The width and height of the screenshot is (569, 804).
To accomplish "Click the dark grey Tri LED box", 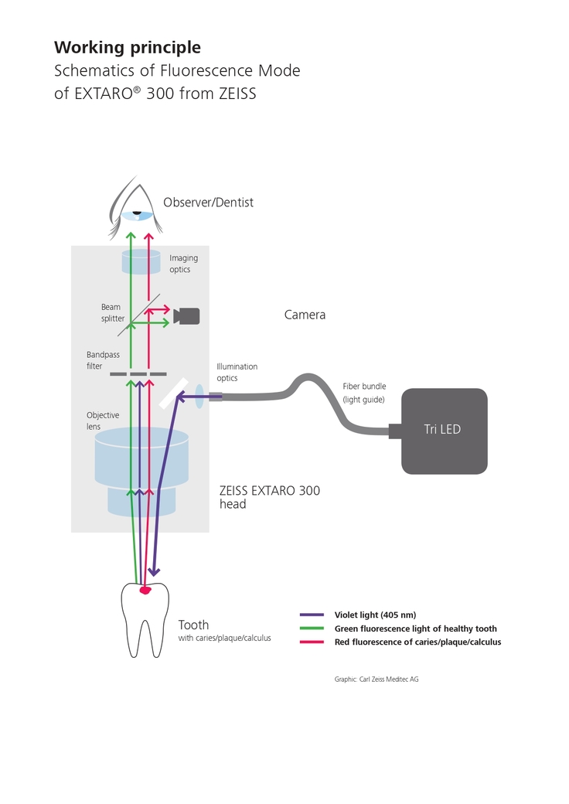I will coord(444,430).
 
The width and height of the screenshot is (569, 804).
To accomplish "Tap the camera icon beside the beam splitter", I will coord(187,315).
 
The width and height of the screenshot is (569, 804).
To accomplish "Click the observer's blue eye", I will coord(137,215).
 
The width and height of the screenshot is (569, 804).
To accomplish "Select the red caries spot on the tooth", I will coord(145,590).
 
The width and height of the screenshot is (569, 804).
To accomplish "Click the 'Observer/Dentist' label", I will coord(208,203).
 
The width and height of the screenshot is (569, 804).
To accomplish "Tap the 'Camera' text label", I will coord(305,315).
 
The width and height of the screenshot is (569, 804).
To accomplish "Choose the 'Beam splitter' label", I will coord(112,312).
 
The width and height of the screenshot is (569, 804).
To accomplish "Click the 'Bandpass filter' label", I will coord(100,360).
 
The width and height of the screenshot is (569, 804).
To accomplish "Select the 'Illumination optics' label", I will coord(237,372).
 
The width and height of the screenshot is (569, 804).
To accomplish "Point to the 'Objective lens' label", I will coord(103,421).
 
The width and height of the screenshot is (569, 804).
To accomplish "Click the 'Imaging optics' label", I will coord(183,264).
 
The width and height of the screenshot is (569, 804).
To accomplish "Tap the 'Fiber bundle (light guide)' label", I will coord(364,392).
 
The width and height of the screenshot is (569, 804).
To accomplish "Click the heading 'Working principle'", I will coord(128,47).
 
